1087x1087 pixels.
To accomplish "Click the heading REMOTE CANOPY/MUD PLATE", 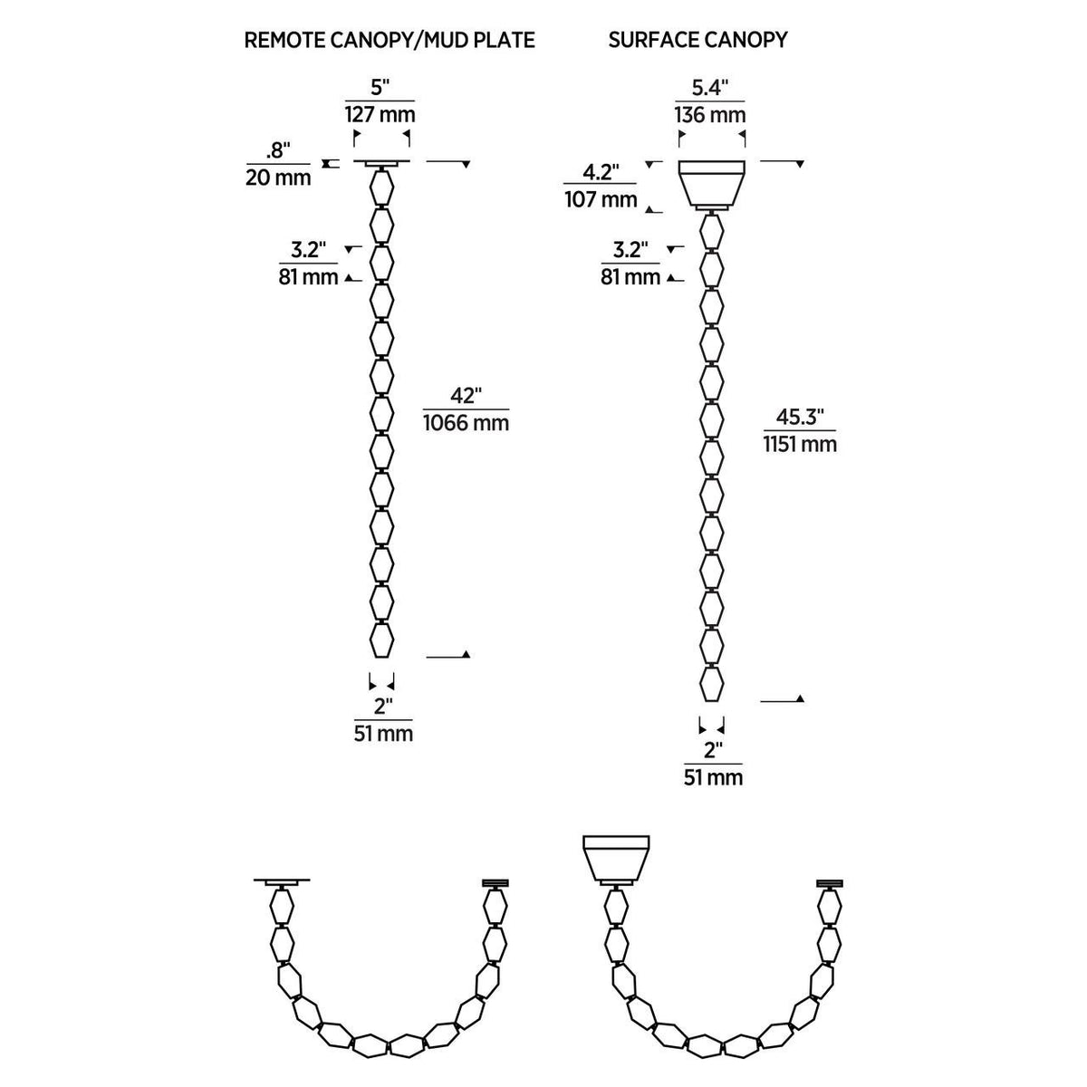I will [390, 41].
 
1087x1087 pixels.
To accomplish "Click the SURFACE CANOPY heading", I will [697, 41].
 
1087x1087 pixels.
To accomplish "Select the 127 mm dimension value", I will [380, 115].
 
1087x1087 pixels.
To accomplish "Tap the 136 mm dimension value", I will [710, 115].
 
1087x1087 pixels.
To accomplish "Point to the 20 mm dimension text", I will [278, 178].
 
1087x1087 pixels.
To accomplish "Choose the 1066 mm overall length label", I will [467, 422].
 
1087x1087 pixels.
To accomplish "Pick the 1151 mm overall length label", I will [800, 444].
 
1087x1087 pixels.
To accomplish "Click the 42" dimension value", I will [466, 397].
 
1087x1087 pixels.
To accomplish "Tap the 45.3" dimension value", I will [799, 418].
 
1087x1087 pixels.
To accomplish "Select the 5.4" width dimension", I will [710, 89].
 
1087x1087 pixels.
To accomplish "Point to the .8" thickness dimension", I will [279, 151].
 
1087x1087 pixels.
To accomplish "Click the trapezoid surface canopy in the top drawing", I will [712, 183].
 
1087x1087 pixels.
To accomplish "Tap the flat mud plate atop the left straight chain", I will [381, 163].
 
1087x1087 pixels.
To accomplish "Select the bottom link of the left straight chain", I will [381, 638].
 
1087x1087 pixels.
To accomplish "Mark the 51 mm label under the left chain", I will [382, 733].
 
